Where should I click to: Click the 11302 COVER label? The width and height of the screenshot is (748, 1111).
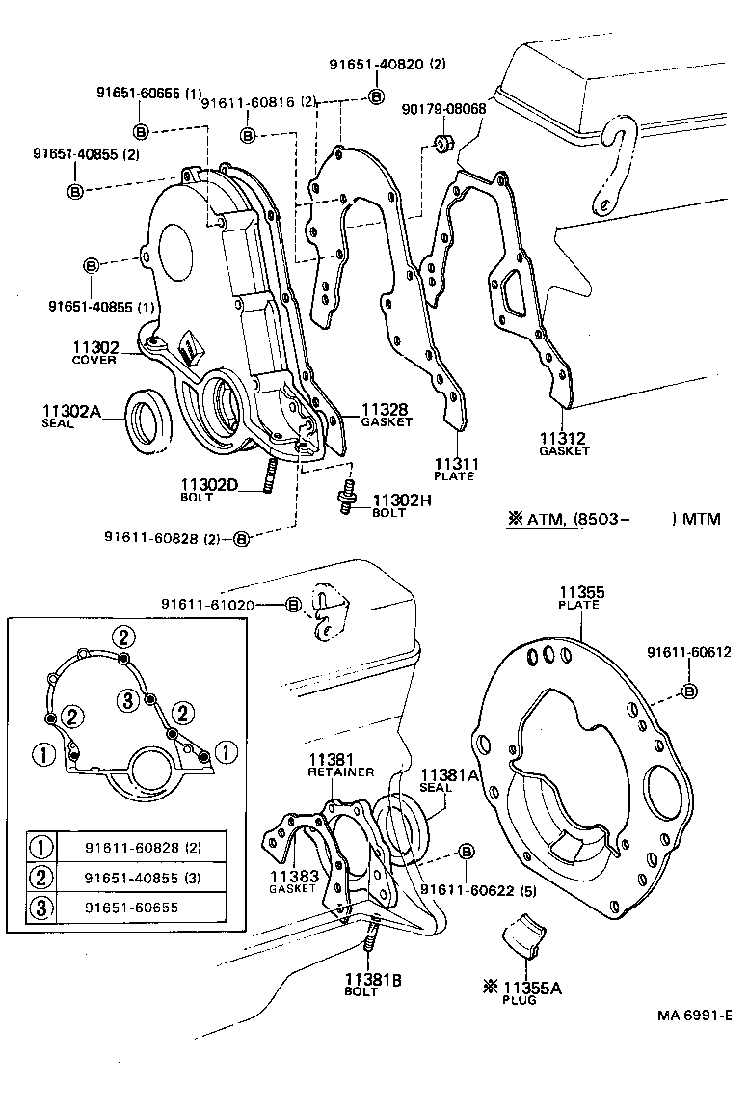pyautogui.click(x=94, y=353)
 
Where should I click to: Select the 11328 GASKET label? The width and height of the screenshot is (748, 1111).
pyautogui.click(x=387, y=415)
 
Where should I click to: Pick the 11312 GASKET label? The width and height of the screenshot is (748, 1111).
pyautogui.click(x=563, y=444)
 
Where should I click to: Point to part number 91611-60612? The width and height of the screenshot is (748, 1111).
pyautogui.click(x=689, y=653)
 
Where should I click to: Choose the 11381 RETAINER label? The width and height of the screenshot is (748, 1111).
pyautogui.click(x=333, y=765)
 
